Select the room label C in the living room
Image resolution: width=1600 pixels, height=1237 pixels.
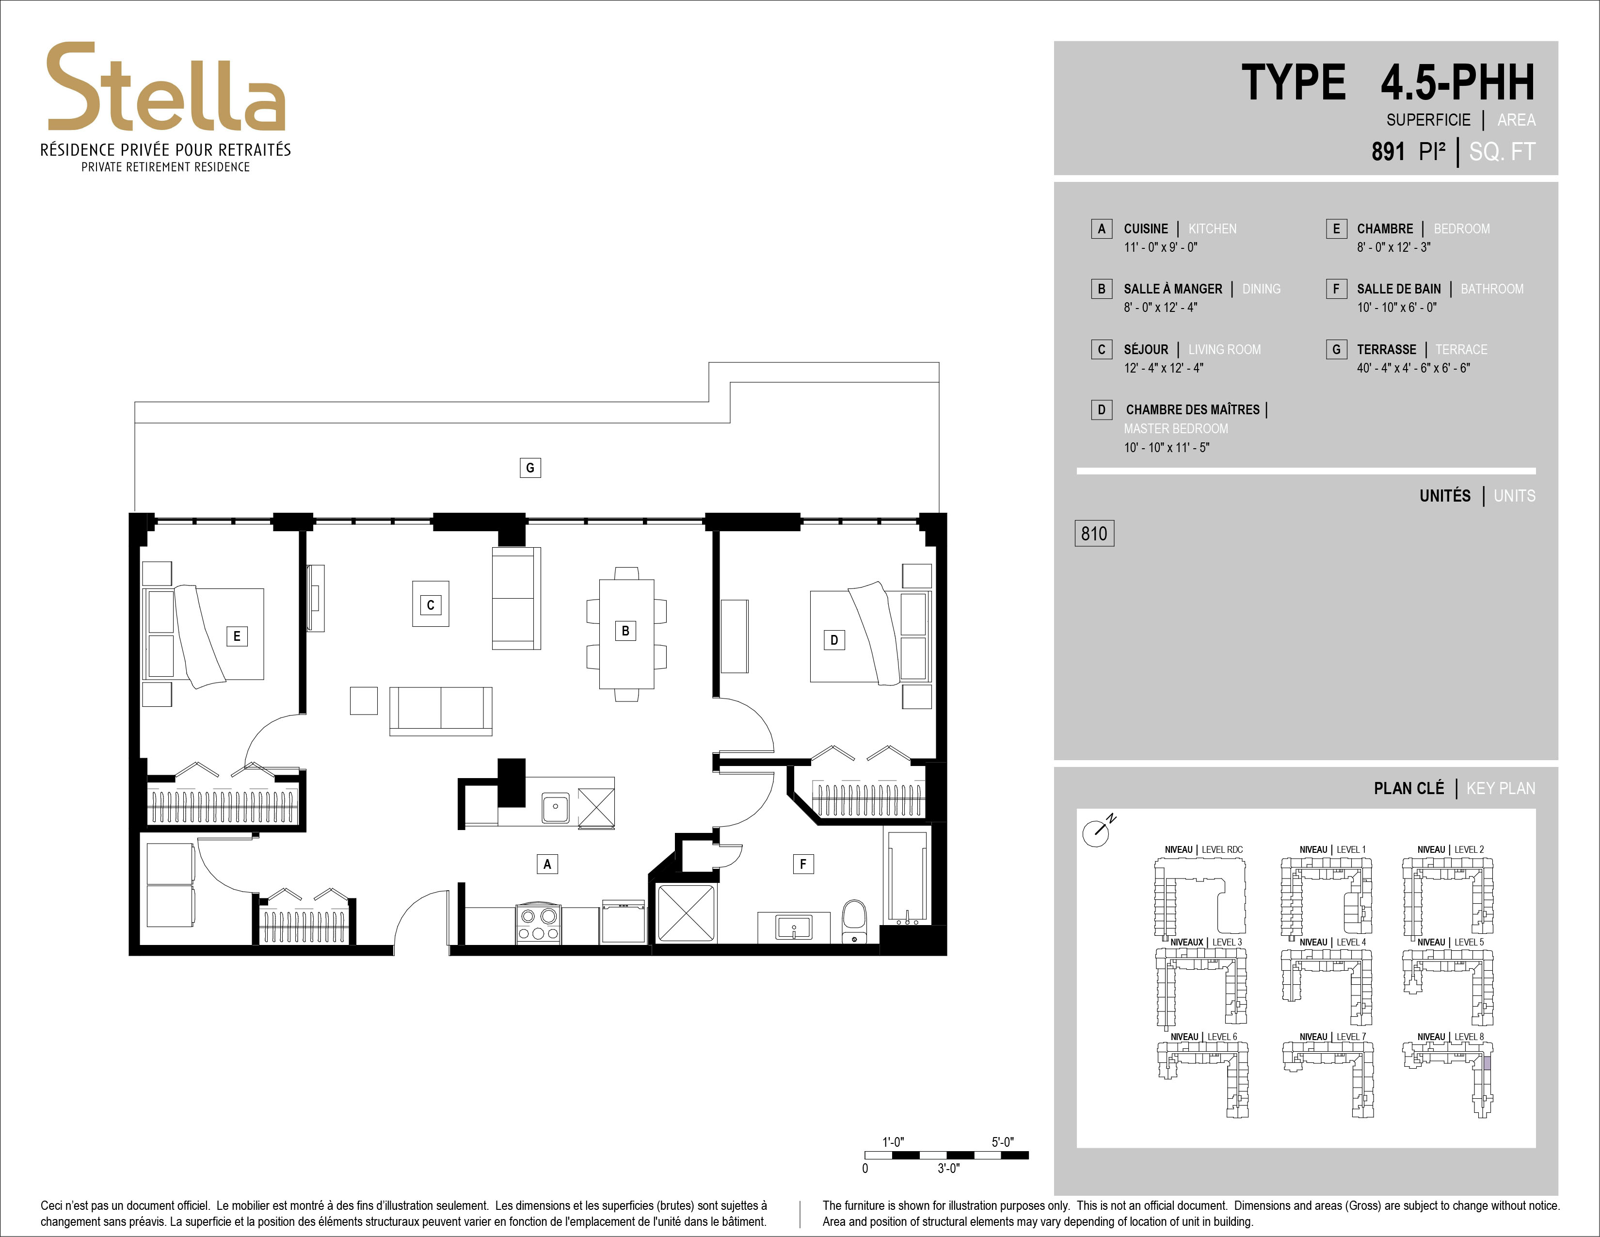coord(431,604)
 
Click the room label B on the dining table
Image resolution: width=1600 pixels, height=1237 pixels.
coord(625,630)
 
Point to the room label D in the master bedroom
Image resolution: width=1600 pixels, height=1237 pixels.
coord(834,640)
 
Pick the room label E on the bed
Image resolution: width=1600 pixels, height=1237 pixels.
coord(237,636)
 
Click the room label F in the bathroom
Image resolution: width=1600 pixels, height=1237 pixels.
coord(803,864)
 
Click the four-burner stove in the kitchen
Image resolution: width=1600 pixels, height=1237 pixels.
coord(539,923)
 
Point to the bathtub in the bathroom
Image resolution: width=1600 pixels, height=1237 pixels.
coord(908,877)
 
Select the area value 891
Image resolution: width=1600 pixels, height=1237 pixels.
coord(1388,152)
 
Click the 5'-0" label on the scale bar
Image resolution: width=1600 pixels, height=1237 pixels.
coord(1002,1142)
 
